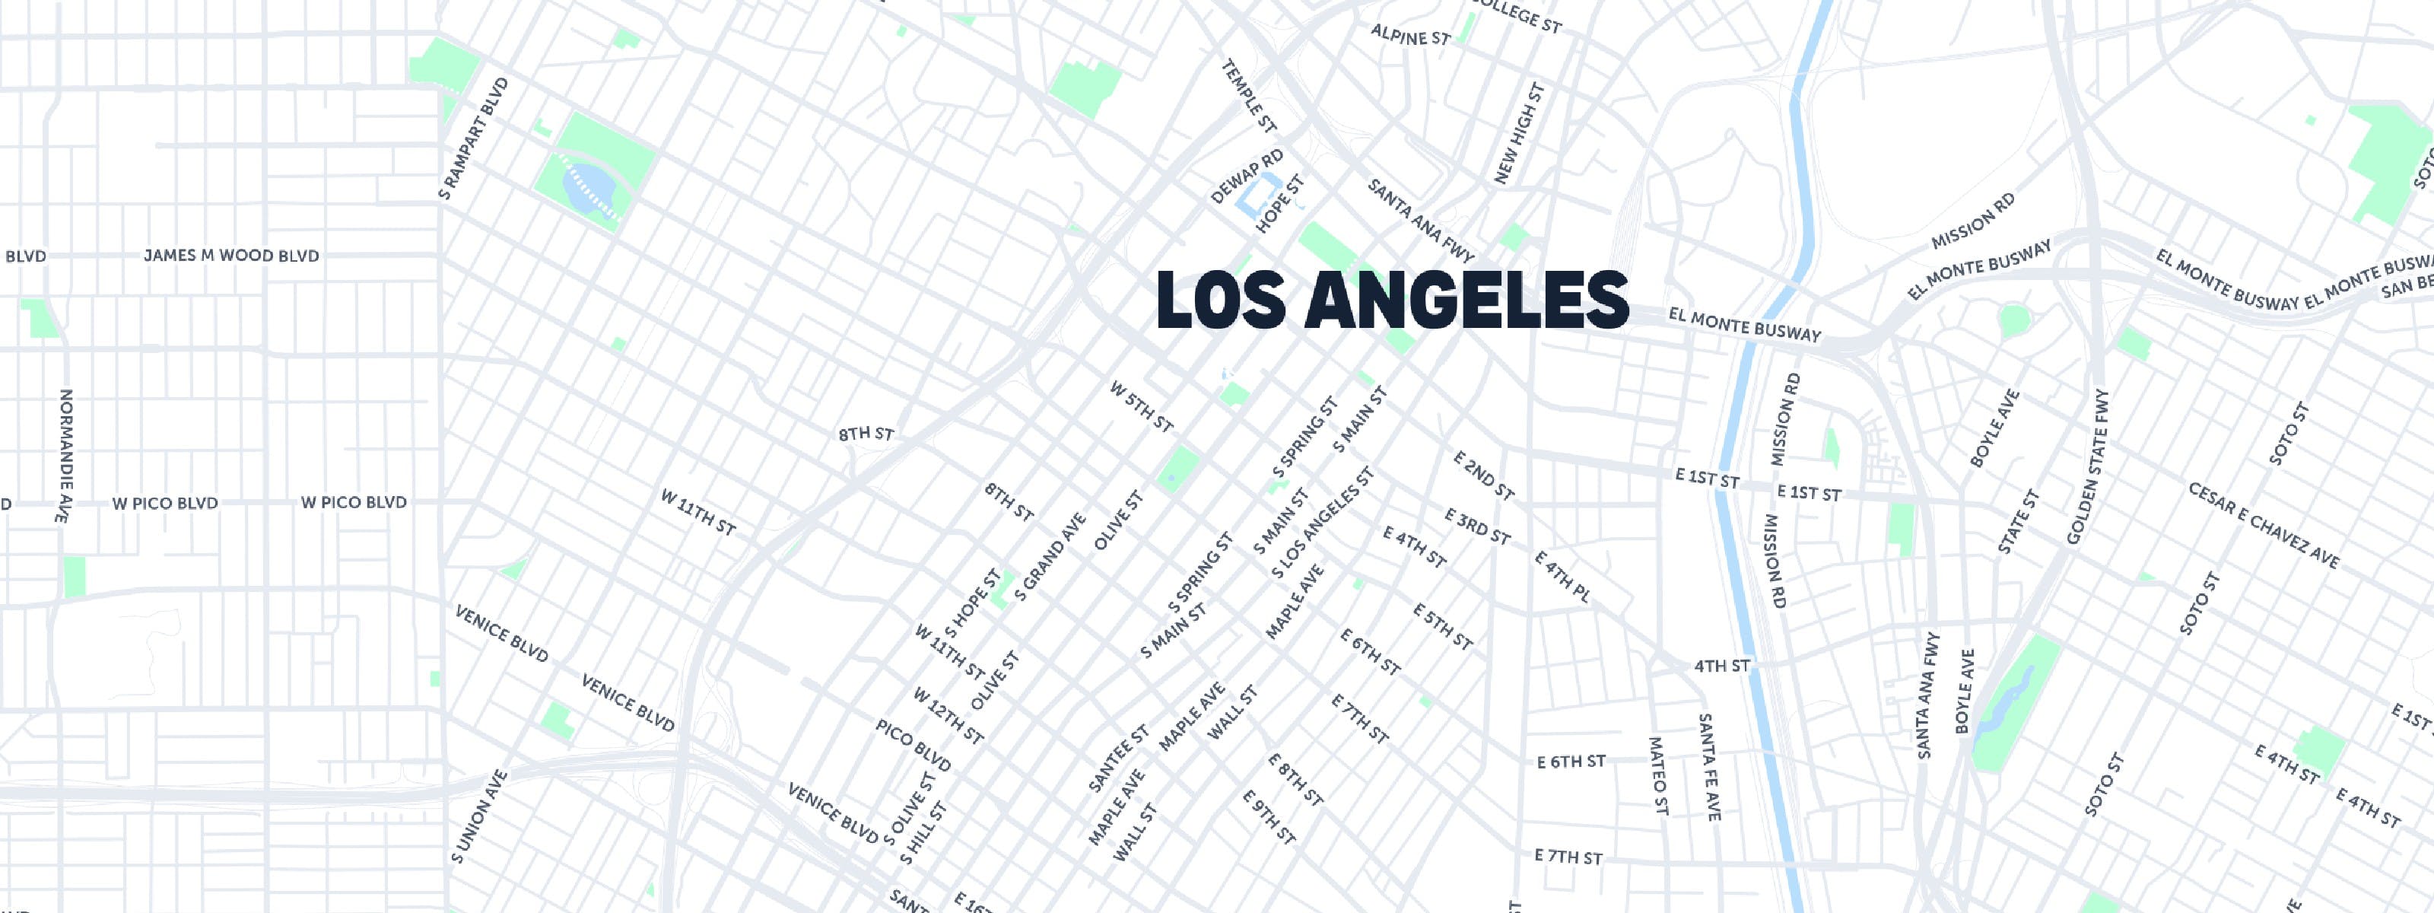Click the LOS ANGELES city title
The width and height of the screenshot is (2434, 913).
[x=1392, y=301]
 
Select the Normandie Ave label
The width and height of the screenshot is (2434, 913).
[x=63, y=456]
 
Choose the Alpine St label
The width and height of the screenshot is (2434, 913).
[x=1409, y=37]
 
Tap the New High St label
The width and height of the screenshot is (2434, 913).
[x=1520, y=133]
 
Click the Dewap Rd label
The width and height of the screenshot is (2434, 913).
[x=1247, y=176]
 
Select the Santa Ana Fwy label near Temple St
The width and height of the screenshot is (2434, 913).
[x=1420, y=220]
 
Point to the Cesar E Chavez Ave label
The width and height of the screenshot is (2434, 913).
[x=2263, y=526]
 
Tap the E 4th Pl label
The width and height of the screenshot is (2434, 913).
[x=1562, y=577]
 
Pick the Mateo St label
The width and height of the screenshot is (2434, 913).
[x=1658, y=775]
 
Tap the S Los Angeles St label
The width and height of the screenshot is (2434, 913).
[x=1322, y=522]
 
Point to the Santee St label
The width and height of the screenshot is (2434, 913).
[x=1119, y=758]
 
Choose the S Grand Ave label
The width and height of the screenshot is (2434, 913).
[x=1050, y=558]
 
